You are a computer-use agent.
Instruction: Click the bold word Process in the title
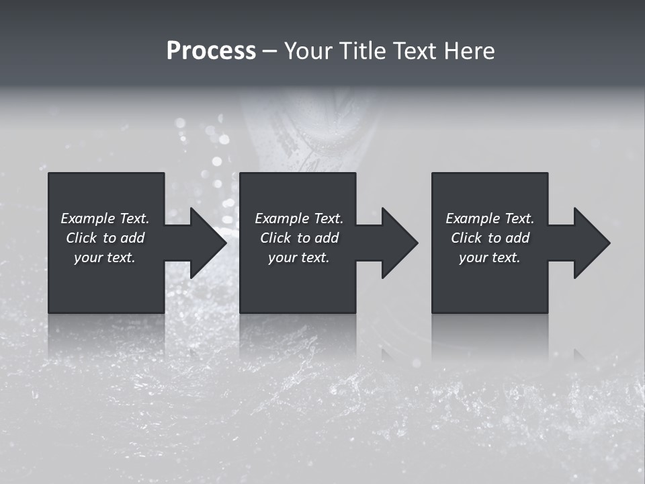point(211,51)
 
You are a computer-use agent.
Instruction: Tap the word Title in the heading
point(361,51)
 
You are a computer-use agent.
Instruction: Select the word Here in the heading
point(469,51)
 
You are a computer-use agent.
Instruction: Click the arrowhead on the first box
point(208,243)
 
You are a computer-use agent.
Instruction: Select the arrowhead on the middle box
point(400,243)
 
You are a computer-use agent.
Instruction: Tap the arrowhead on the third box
point(592,243)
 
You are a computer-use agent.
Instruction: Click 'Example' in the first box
point(87,218)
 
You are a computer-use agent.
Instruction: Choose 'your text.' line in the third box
point(489,257)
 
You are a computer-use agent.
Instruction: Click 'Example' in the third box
point(472,218)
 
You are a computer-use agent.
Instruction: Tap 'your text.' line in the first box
point(105,257)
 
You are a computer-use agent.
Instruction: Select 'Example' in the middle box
point(282,218)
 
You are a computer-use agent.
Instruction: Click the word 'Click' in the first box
point(81,238)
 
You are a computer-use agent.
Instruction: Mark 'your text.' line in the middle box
point(298,257)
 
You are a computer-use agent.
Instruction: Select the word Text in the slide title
point(416,51)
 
